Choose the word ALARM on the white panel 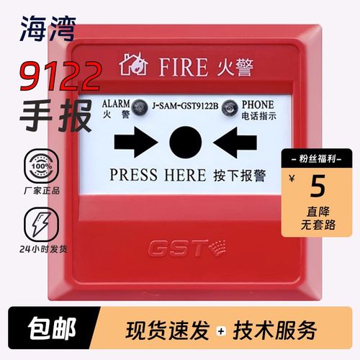point(114,103)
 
